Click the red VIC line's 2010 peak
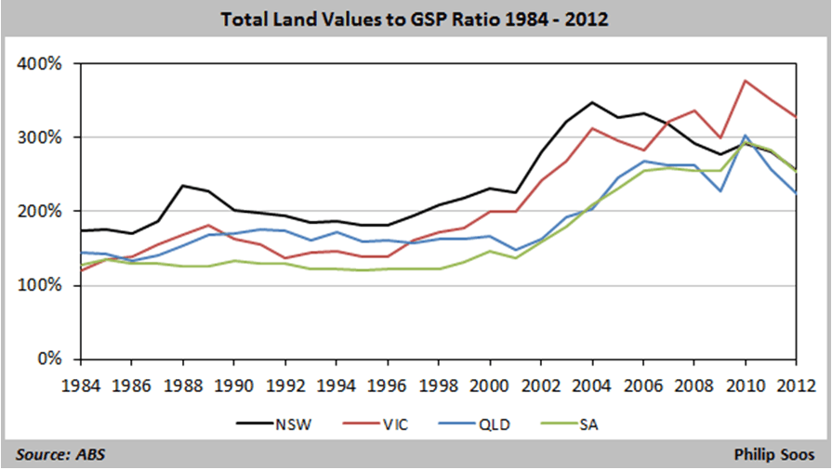(x=746, y=81)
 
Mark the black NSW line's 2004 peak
(x=592, y=102)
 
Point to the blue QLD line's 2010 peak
(x=746, y=136)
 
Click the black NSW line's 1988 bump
(x=182, y=186)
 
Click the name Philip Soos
(x=773, y=455)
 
